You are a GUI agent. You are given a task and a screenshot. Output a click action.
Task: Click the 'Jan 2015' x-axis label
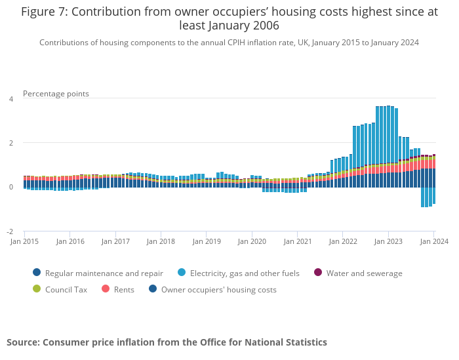pos(24,241)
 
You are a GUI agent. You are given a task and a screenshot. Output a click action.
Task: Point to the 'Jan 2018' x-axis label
pos(161,241)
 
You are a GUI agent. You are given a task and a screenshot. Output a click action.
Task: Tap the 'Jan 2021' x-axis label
pos(297,241)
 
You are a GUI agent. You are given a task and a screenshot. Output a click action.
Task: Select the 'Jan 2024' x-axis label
pos(433,241)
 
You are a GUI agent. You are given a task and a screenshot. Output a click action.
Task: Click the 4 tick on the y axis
pos(10,99)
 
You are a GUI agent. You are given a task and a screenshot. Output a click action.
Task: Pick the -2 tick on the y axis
pos(10,232)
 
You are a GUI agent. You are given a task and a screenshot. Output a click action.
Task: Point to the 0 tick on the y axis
pos(10,188)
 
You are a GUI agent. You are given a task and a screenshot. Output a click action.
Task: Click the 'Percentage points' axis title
pos(56,94)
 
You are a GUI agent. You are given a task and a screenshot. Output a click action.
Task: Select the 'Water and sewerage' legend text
pos(364,273)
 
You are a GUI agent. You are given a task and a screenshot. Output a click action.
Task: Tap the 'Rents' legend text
pos(125,289)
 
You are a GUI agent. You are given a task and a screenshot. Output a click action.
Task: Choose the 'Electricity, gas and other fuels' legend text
pos(245,273)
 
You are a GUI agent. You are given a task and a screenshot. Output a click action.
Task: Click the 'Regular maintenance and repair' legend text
pos(104,273)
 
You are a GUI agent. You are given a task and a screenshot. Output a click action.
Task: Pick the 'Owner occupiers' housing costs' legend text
pos(218,289)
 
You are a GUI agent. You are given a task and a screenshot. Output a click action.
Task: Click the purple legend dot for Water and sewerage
pos(318,273)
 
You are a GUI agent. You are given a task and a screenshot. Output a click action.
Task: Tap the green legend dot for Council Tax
pos(37,289)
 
